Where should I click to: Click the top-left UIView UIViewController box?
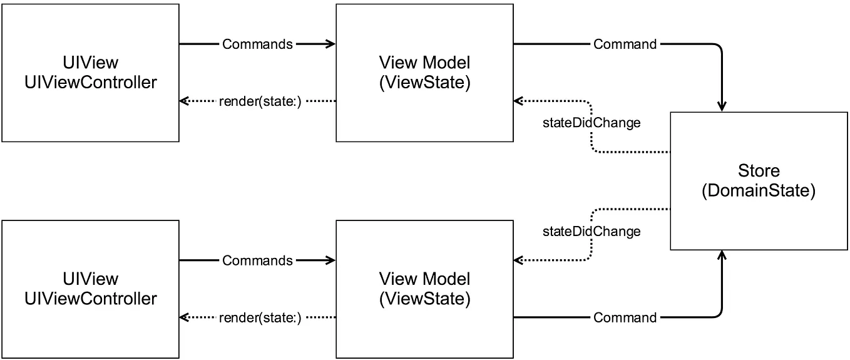coord(90,73)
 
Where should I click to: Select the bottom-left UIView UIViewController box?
coord(90,289)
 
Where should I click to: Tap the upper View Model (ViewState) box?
coord(424,73)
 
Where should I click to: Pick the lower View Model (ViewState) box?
coord(424,289)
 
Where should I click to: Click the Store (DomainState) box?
coord(759,181)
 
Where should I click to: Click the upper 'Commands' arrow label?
coord(257,44)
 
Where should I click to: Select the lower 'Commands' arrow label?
coord(257,260)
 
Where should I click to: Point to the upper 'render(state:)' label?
coord(260,101)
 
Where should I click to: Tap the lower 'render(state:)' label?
coord(260,317)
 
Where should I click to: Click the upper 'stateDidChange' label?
coord(591,123)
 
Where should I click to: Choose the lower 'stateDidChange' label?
coord(591,232)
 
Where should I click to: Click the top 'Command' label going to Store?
coord(625,44)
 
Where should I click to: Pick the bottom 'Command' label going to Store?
coord(625,317)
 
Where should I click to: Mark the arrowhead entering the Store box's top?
coord(722,108)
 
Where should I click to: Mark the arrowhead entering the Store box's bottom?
coord(722,255)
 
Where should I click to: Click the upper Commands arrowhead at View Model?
coord(331,44)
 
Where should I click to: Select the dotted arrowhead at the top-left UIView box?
coord(184,101)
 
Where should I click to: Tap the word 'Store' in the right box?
coord(759,170)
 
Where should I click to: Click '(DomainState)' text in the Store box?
coord(759,191)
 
